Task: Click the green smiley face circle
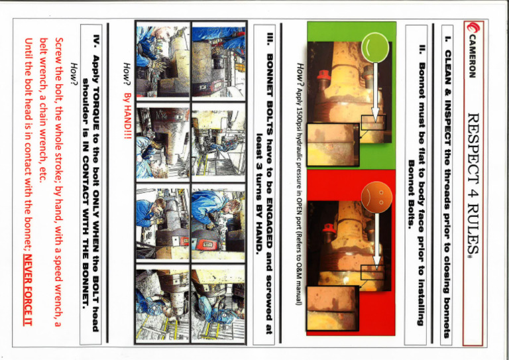coord(375,47)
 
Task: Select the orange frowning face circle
coord(376,197)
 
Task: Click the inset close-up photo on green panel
coord(333,145)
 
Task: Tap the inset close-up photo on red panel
coord(333,308)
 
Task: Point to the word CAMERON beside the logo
coord(473,56)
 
